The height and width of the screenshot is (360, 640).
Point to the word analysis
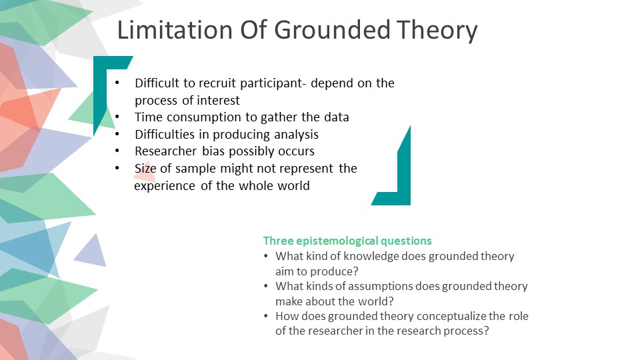(294, 135)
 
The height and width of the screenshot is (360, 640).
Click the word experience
(165, 186)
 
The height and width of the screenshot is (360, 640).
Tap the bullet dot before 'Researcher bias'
(118, 151)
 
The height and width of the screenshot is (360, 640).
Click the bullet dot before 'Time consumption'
(118, 117)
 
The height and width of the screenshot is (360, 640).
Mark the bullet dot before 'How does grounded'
(267, 316)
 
